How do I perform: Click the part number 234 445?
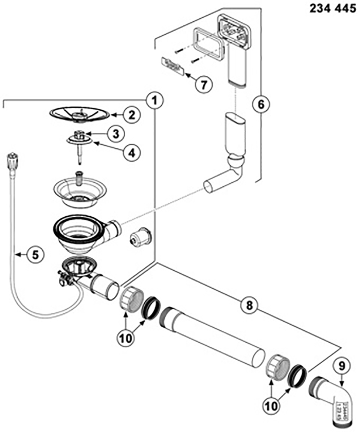pos(332,8)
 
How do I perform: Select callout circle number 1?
pos(155,101)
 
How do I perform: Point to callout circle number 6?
pos(260,104)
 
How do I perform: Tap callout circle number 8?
pos(249,305)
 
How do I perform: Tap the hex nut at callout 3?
pos(79,133)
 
